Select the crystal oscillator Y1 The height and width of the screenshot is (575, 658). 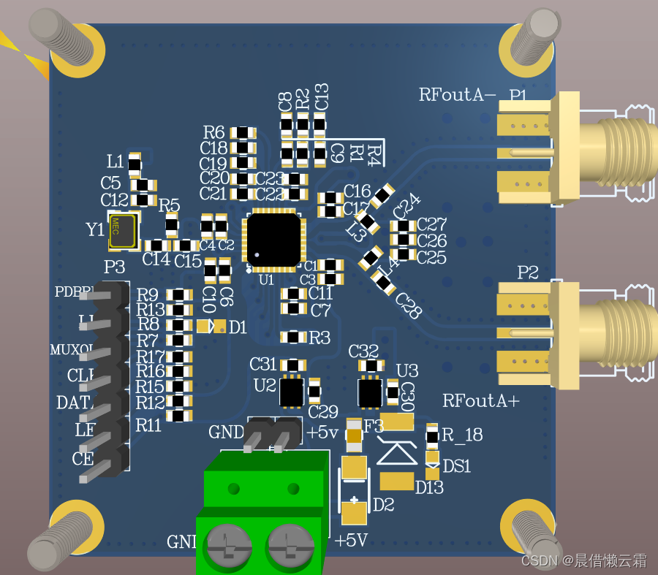pyautogui.click(x=121, y=231)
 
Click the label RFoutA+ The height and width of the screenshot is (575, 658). pyautogui.click(x=480, y=400)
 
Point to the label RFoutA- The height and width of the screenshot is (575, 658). pyautogui.click(x=458, y=95)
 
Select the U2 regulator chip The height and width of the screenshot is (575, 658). pyautogui.click(x=292, y=392)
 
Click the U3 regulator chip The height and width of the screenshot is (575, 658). pyautogui.click(x=370, y=392)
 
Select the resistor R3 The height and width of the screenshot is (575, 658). pyautogui.click(x=293, y=337)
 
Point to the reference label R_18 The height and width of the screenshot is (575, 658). pyautogui.click(x=463, y=435)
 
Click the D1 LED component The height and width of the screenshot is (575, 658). pyautogui.click(x=208, y=327)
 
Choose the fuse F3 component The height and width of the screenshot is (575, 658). pyautogui.click(x=355, y=435)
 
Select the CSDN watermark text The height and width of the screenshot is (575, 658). pyautogui.click(x=584, y=560)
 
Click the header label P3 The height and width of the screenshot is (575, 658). pyautogui.click(x=114, y=267)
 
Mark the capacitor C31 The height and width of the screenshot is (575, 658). pyautogui.click(x=293, y=365)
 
